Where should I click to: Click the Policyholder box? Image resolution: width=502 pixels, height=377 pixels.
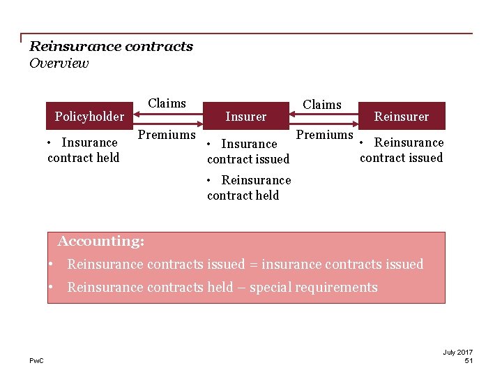[x=89, y=116]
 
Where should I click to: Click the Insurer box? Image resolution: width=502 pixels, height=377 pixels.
[x=245, y=116]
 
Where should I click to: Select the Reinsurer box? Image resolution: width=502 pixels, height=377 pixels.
[x=402, y=116]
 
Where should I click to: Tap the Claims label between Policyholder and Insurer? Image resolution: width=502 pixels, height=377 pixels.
[x=167, y=103]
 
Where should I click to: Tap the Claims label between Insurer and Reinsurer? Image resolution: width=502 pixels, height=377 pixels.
[x=322, y=105]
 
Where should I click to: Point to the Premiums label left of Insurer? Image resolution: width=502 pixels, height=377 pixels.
[x=166, y=134]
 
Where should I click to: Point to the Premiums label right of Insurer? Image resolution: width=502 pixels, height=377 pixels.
[x=325, y=134]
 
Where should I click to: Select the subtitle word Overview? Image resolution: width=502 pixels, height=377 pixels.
[x=59, y=64]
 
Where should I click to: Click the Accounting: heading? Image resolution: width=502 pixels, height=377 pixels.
[x=101, y=242]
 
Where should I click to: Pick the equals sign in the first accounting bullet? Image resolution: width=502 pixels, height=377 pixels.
[x=254, y=265]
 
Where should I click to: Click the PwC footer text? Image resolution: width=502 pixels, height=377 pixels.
[x=36, y=360]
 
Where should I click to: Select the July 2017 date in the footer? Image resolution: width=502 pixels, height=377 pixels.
[x=458, y=352]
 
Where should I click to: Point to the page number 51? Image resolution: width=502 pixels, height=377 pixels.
[x=469, y=360]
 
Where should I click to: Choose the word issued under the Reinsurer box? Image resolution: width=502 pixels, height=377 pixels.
[x=425, y=158]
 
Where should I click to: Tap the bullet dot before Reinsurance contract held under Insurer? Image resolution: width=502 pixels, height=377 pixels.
[x=210, y=180]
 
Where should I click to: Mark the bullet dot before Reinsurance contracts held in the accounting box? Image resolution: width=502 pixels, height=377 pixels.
[x=52, y=287]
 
